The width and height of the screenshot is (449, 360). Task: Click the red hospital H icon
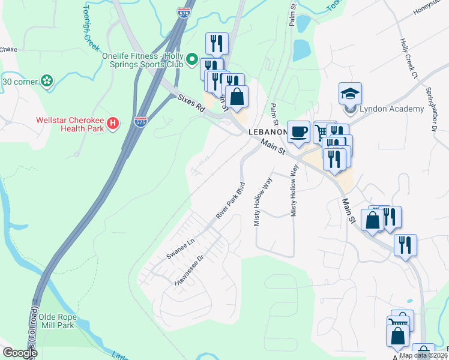point(112,124)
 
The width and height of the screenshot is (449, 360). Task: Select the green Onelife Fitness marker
point(192,59)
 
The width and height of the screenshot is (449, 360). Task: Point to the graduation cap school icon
point(350,94)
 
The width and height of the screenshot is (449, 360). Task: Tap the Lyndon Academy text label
point(391,109)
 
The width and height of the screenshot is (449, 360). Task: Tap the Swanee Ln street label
point(181,249)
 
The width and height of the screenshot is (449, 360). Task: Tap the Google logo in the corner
point(19,353)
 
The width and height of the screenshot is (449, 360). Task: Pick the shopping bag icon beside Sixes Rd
point(237,96)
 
